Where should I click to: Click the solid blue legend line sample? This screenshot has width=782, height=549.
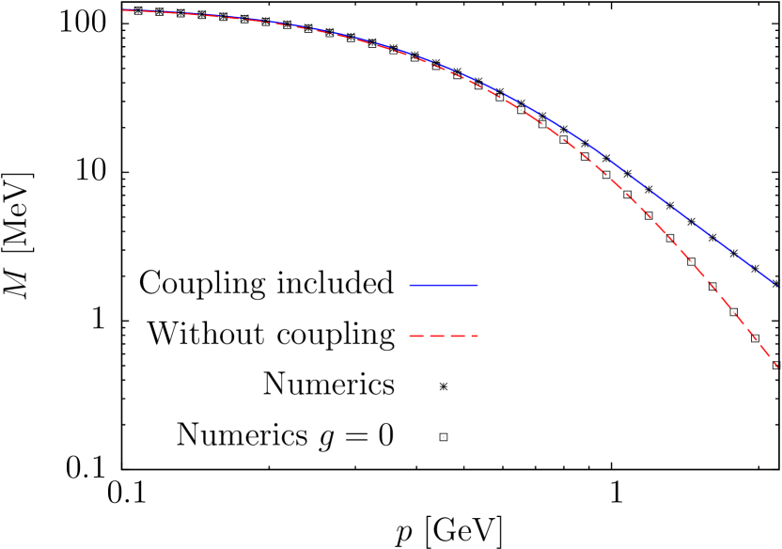tap(444, 285)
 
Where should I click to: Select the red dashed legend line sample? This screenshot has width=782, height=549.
tap(444, 336)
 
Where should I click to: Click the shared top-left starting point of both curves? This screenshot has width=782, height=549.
tap(123, 10)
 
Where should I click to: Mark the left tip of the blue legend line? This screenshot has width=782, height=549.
tap(410, 285)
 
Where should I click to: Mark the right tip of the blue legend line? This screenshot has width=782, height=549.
tap(477, 285)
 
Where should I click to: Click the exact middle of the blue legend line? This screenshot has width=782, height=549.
tap(444, 285)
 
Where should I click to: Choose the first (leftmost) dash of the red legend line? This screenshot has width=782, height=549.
tap(416, 336)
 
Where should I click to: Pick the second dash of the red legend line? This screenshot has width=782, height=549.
tap(437, 336)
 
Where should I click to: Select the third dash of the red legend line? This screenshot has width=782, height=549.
tap(458, 336)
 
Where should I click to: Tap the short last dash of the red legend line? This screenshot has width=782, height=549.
tap(475, 336)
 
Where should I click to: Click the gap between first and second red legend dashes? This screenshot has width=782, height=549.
tap(427, 336)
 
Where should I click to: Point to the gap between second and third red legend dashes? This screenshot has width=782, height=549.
tap(447, 336)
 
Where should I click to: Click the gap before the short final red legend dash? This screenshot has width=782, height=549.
tap(468, 336)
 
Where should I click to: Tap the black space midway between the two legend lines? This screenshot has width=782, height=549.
tap(444, 310)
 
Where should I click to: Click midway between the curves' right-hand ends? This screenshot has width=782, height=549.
tap(776, 325)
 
